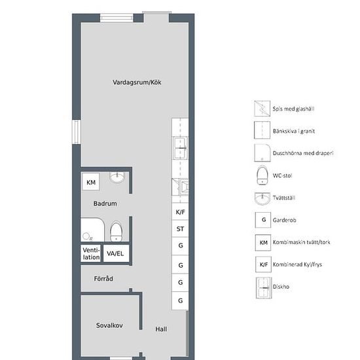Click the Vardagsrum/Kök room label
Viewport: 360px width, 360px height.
137,82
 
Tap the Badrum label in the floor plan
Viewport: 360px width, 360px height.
105,204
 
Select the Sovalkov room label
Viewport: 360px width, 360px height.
109,325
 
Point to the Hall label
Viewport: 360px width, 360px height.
161,329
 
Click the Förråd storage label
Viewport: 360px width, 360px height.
103,278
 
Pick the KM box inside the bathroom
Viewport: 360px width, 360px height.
91,182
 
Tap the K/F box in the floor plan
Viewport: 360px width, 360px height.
180,211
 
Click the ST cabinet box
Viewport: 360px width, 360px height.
180,228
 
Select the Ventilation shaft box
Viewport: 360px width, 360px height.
91,253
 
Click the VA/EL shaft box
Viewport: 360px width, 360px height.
116,253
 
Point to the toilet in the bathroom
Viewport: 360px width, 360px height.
116,231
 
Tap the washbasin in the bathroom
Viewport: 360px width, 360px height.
117,177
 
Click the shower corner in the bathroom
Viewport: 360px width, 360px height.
92,230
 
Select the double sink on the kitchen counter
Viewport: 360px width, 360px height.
180,148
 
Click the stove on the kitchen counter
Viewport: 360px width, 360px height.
180,187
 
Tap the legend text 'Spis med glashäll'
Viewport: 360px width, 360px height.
293,109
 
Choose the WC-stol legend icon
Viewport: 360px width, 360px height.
262,175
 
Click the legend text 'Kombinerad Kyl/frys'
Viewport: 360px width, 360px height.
297,264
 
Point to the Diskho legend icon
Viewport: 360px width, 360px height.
264,288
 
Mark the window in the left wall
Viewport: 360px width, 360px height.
77,132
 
